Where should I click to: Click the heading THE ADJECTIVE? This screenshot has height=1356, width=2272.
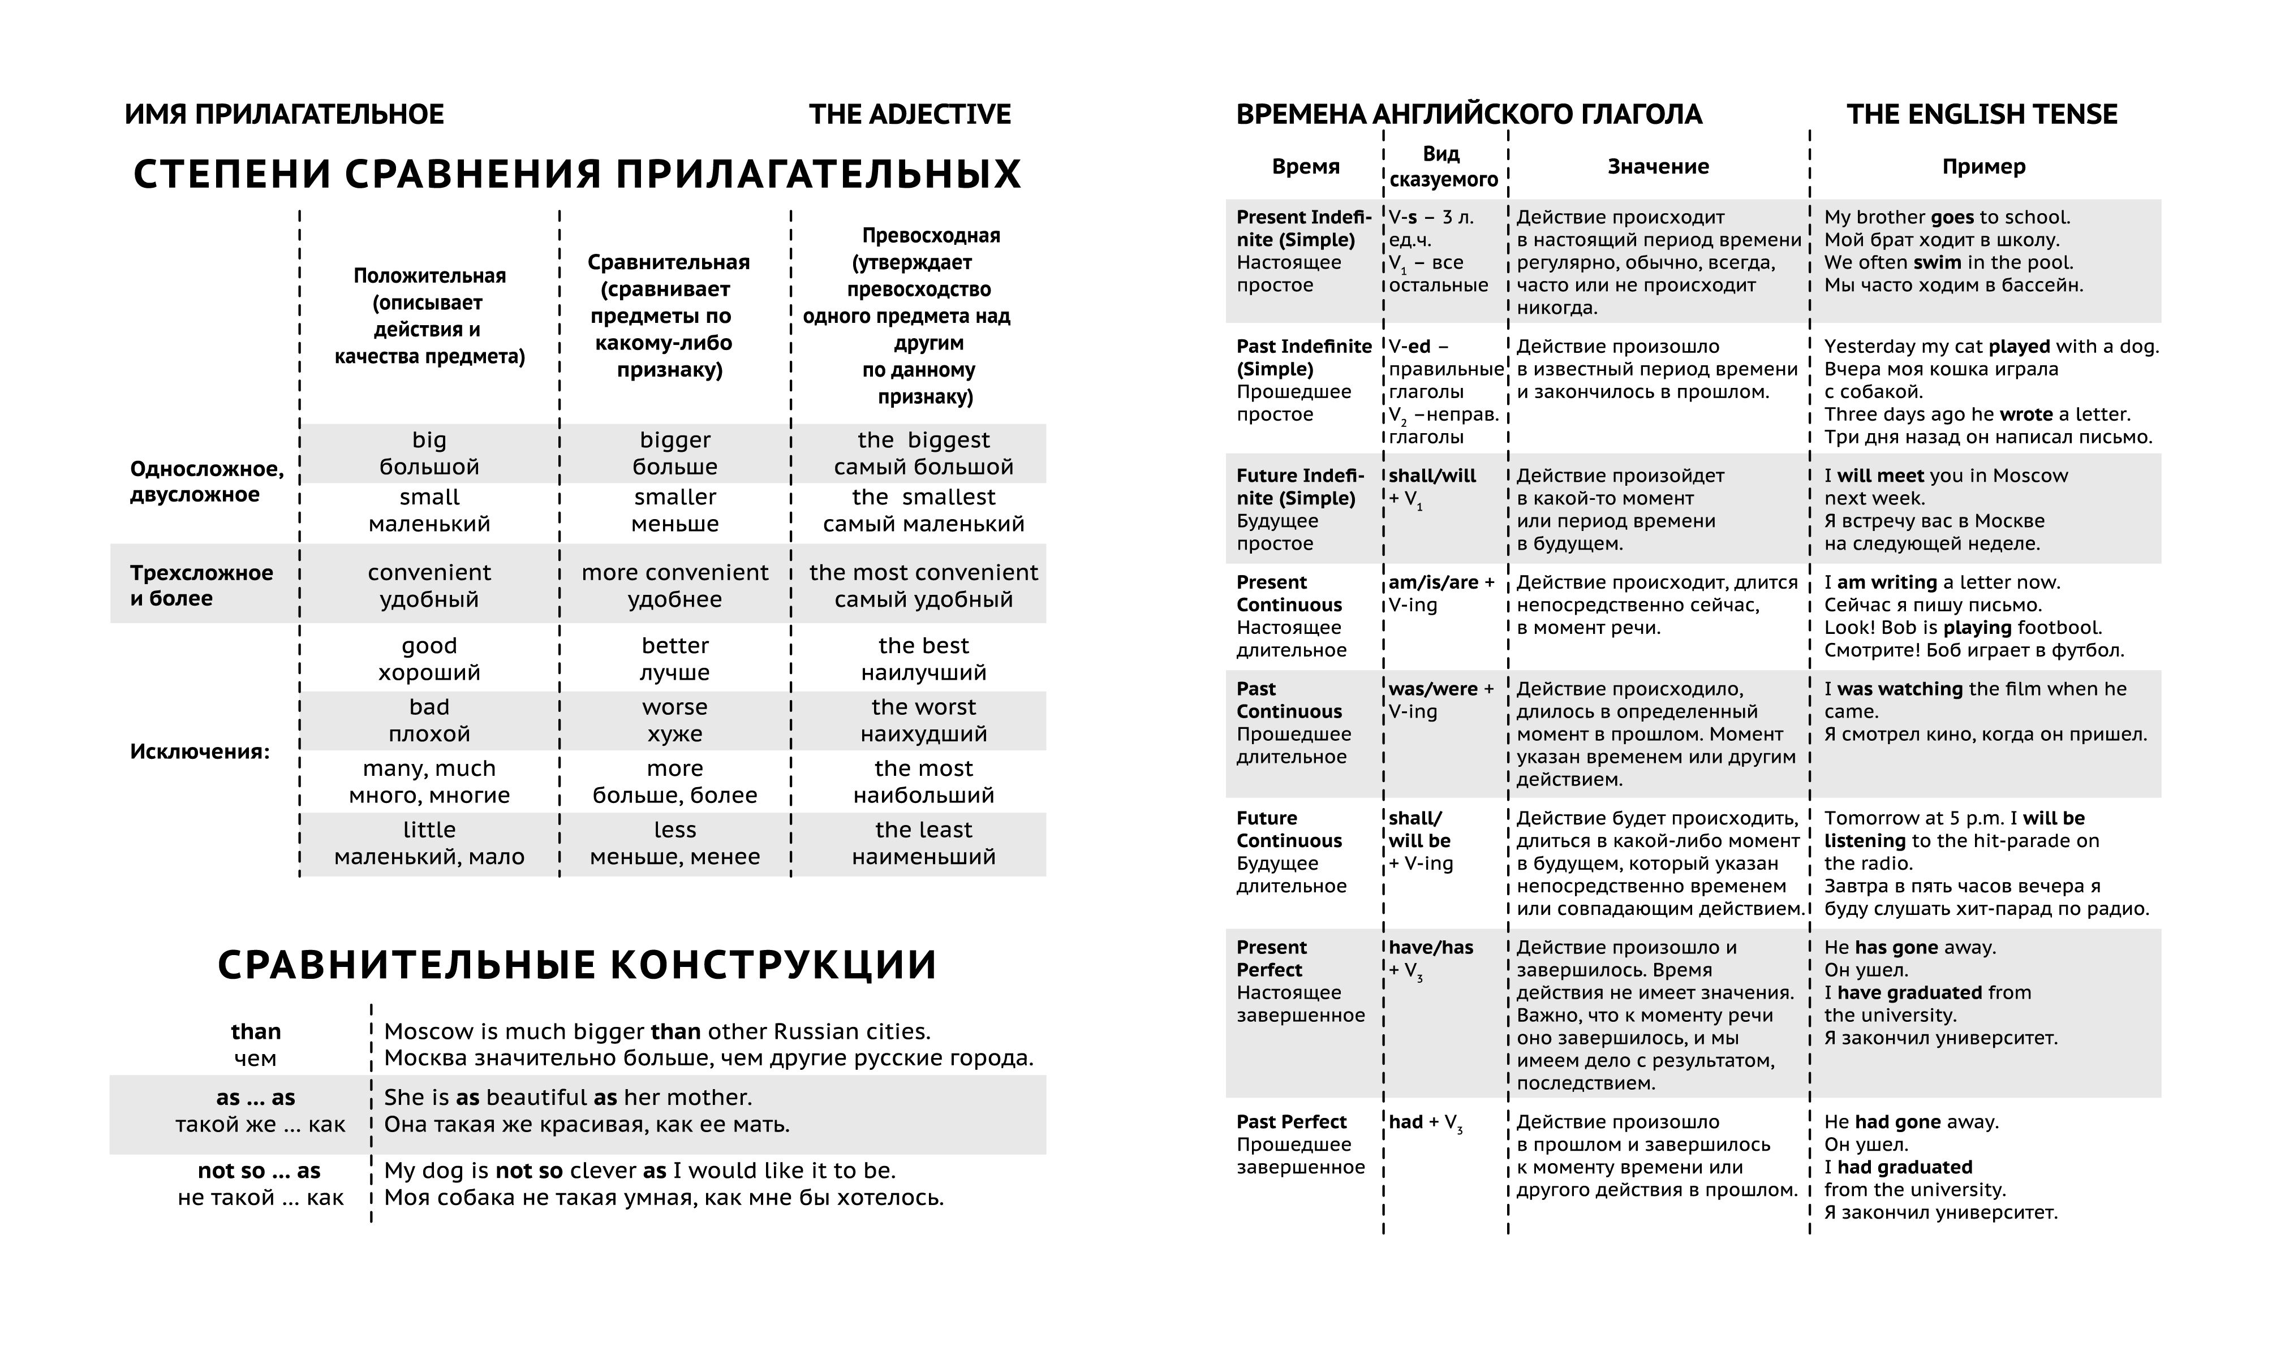click(909, 114)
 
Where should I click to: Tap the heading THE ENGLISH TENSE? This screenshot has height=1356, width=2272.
click(1981, 114)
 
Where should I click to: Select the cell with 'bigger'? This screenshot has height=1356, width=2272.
click(674, 441)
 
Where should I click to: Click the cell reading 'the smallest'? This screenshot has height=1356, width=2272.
click(923, 498)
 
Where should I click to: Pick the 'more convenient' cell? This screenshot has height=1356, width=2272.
click(674, 573)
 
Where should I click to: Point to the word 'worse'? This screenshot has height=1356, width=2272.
click(674, 707)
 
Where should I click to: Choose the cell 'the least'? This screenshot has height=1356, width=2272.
click(923, 830)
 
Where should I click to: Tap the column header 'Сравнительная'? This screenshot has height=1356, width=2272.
click(668, 263)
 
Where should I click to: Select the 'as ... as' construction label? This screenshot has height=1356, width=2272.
click(256, 1098)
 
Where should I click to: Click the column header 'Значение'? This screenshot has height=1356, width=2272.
click(1658, 166)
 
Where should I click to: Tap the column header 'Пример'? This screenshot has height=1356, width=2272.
click(1983, 166)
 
